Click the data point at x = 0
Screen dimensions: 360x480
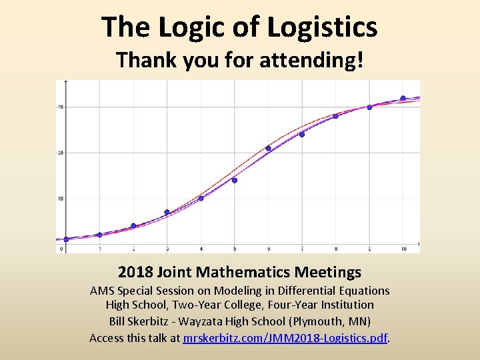[x=66, y=239]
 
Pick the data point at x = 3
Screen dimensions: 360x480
[x=167, y=212]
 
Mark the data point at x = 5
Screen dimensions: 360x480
[x=235, y=180]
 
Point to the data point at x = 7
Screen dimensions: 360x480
[x=302, y=134]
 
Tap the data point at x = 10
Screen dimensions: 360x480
[x=403, y=98]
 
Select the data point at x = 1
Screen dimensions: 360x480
[x=99, y=235]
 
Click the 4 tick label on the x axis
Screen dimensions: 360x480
[x=201, y=249]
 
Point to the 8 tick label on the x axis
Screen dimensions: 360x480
[x=335, y=249]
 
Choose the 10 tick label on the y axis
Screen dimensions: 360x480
[x=60, y=199]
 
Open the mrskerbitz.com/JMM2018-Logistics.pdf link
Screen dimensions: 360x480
[x=285, y=338]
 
